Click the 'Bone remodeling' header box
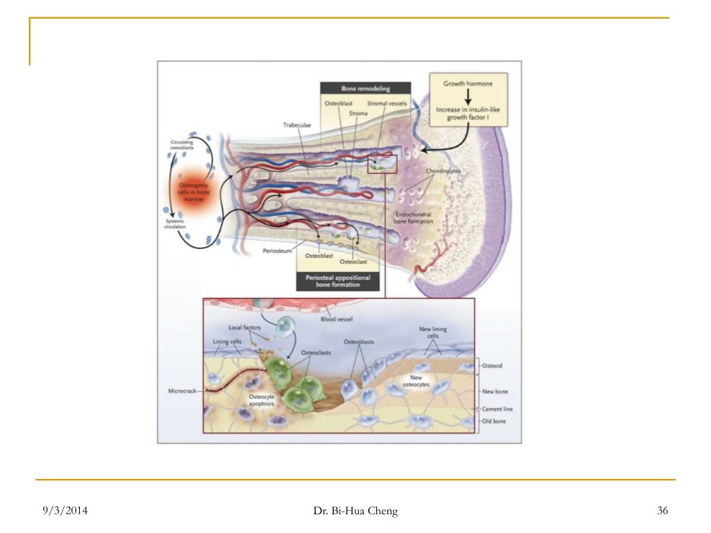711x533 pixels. pos(365,89)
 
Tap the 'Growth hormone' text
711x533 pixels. pos(468,83)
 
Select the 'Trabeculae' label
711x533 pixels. pos(298,126)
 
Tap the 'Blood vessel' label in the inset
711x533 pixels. pos(337,320)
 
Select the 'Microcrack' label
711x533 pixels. pos(183,391)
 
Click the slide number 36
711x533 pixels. pos(662,511)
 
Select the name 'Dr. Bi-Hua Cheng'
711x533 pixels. pos(355,511)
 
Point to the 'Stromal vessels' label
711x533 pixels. pos(387,104)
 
